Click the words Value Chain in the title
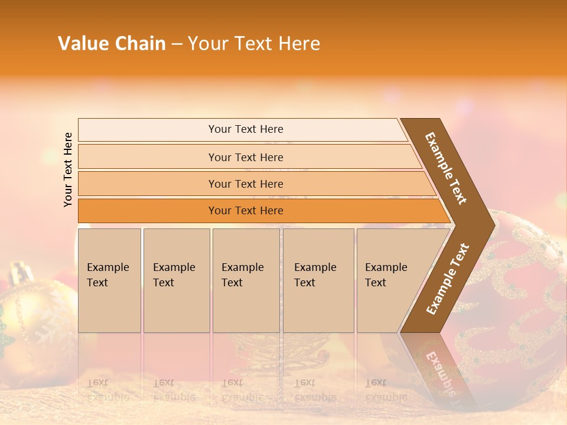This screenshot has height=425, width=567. (112, 44)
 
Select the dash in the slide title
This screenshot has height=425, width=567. (177, 44)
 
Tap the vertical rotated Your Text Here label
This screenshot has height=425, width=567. (68, 169)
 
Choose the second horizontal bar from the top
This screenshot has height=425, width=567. (245, 157)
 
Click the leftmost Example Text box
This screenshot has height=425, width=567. (109, 280)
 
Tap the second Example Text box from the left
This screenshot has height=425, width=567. (176, 280)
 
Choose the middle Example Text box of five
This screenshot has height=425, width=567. (246, 280)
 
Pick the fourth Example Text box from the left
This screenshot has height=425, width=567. (318, 280)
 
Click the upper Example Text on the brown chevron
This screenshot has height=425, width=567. (446, 168)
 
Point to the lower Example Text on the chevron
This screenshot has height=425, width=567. (448, 279)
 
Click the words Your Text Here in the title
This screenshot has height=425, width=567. (254, 44)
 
